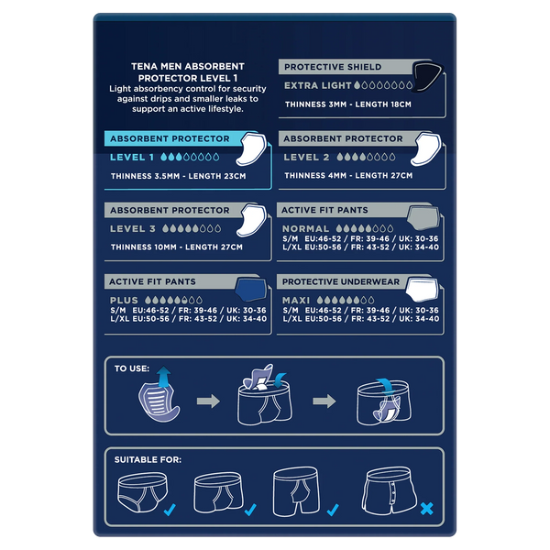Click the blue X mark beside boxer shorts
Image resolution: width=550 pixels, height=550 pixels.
[x=427, y=509]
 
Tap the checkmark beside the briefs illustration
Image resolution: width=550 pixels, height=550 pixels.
[x=170, y=510]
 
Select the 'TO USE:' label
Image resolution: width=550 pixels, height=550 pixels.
[x=132, y=368]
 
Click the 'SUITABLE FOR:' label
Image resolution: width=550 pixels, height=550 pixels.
[x=148, y=459]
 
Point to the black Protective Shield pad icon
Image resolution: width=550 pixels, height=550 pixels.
[x=427, y=76]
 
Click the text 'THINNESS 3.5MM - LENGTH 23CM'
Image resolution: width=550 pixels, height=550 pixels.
[x=178, y=176]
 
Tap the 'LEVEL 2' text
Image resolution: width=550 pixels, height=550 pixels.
[x=306, y=157]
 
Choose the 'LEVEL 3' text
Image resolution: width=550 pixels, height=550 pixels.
[x=133, y=228]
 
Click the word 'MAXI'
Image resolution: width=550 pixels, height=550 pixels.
[x=296, y=301]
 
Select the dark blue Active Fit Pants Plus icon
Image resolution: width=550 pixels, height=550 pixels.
[x=251, y=289]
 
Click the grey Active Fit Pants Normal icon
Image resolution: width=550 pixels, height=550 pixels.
[x=423, y=217]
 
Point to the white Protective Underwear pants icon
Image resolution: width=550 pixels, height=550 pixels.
[x=423, y=290]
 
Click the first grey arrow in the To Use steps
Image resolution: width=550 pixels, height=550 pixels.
[x=208, y=401]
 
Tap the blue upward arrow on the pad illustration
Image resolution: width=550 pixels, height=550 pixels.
[x=164, y=377]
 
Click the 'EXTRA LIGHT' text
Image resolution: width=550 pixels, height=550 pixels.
[x=317, y=85]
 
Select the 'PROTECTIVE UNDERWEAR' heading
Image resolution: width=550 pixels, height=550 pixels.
[x=341, y=281]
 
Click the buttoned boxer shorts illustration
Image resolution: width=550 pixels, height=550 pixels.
[x=389, y=490]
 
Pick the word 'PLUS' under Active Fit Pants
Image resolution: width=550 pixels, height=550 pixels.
[x=124, y=301]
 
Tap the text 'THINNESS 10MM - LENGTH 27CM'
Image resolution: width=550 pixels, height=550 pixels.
[x=176, y=247]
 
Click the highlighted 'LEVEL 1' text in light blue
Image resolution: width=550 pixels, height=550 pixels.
[x=132, y=157]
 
